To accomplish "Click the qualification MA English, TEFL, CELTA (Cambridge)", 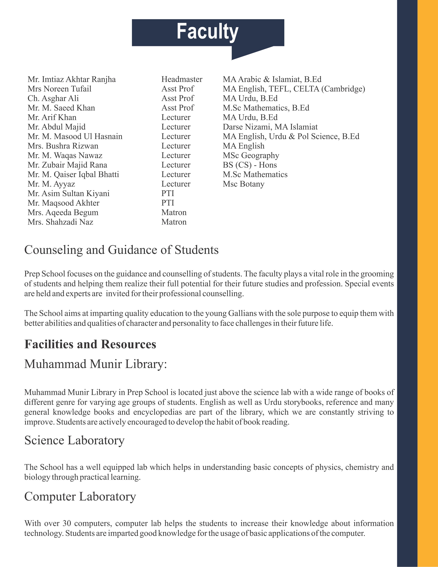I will (294, 89).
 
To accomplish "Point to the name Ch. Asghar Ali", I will (53, 98).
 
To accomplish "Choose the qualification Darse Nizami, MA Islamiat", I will (270, 127).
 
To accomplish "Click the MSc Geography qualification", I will (251, 155).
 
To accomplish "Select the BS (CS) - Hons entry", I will (250, 165).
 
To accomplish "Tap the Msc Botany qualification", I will (243, 184).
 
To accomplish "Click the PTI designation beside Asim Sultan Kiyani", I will (168, 193).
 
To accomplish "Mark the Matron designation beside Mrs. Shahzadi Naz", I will (174, 222).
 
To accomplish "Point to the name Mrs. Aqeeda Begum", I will (63, 213).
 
